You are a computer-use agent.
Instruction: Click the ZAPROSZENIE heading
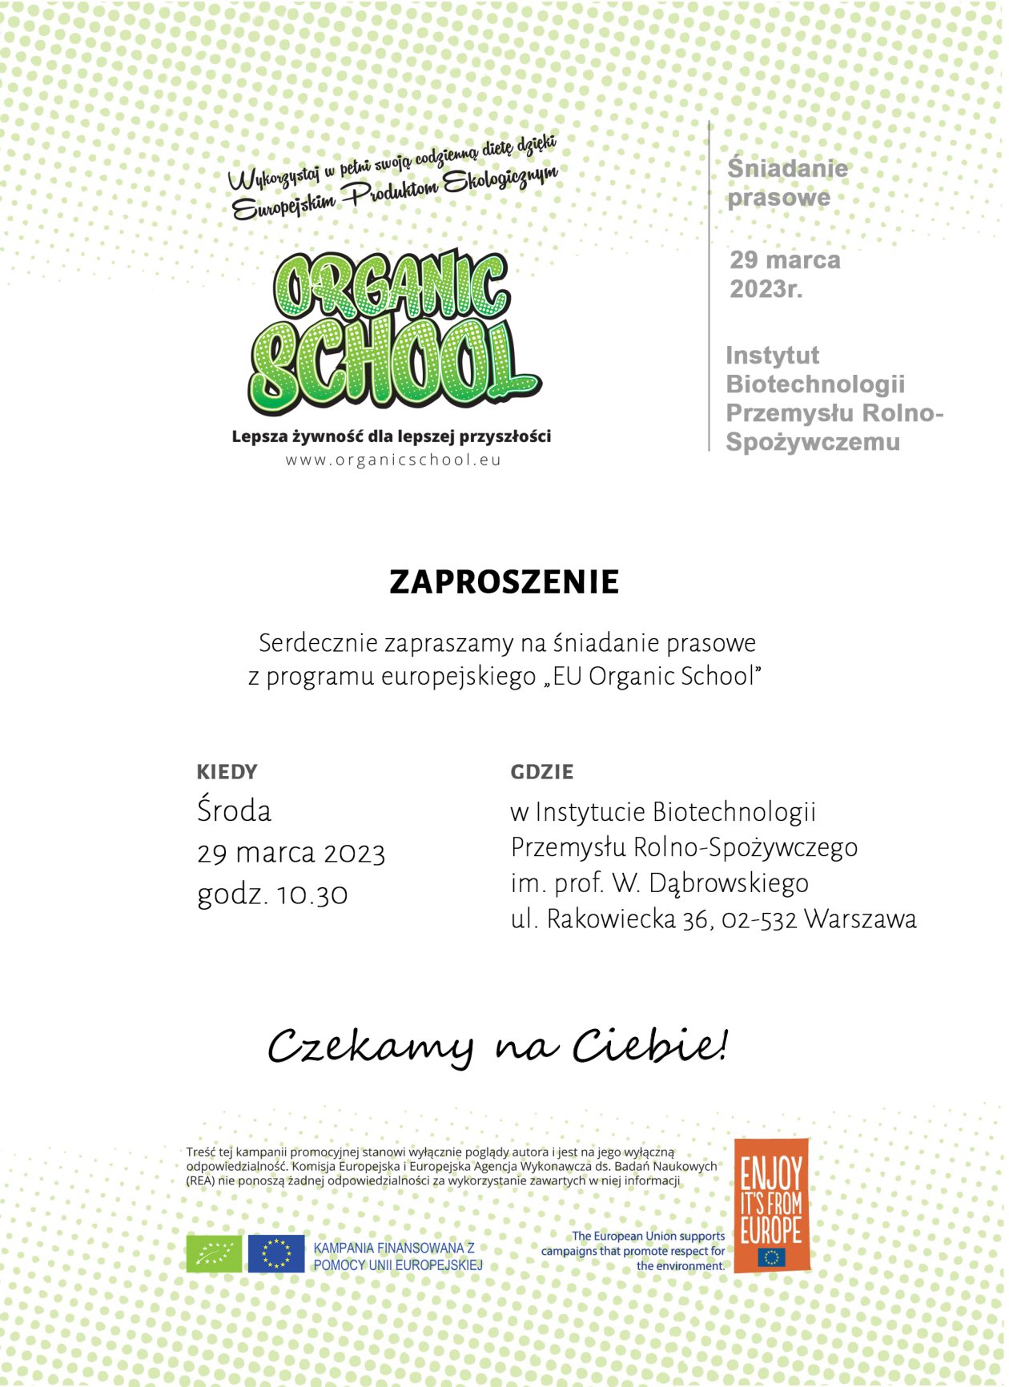[504, 582]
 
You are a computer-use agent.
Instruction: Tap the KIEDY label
[227, 772]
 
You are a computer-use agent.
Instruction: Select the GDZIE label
[541, 772]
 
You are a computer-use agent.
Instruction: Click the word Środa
[234, 811]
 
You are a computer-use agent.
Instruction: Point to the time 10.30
[312, 895]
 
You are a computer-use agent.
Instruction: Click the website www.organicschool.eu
[393, 460]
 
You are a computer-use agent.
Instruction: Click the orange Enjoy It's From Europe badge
[770, 1204]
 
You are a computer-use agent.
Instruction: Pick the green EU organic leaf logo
[214, 1253]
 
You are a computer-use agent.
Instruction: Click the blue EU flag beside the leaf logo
[275, 1253]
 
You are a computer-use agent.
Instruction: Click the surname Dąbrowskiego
[728, 883]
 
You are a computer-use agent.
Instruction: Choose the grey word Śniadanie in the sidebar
[786, 168]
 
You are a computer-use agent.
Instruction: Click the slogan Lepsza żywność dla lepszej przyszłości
[391, 436]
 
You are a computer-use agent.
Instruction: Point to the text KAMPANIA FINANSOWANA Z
[394, 1248]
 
